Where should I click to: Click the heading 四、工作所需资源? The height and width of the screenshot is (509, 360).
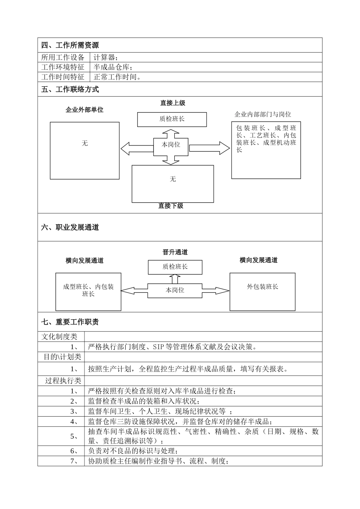click(70, 45)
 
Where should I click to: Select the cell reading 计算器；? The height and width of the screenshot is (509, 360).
click(106, 58)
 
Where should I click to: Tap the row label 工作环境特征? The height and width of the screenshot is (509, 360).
click(63, 67)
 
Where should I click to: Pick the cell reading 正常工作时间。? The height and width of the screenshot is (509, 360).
click(117, 77)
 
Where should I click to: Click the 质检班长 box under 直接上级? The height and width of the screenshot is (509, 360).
click(172, 119)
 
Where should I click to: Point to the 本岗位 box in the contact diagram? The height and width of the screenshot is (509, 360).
click(171, 145)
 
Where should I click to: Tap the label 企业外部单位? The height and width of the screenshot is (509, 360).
click(85, 110)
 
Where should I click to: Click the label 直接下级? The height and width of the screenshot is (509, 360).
click(171, 206)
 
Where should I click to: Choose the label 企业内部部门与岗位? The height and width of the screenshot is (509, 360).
click(263, 114)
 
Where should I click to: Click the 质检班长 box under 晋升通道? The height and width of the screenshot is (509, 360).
click(175, 267)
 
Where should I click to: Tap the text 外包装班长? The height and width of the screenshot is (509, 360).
click(262, 287)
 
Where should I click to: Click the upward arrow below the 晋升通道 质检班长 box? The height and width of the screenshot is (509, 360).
click(175, 279)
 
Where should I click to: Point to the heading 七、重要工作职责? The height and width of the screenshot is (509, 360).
click(70, 322)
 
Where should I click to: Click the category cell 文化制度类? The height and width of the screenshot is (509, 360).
click(59, 337)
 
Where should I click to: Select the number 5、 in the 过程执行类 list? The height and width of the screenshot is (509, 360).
click(74, 436)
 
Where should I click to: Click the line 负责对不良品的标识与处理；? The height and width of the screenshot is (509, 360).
click(133, 451)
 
